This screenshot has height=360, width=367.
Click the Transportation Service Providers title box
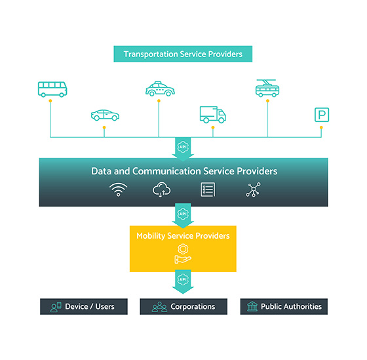coord(183,54)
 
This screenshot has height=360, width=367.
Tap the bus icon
coord(52,89)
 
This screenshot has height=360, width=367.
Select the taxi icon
coord(160,89)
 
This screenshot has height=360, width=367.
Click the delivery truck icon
coord(213,115)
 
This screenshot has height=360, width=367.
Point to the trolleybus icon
coord(267,88)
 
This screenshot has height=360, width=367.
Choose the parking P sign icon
coord(322,115)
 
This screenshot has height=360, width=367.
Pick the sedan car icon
coord(105,115)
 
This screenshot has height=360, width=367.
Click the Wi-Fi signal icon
coord(118,190)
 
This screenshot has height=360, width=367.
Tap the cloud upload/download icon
coord(161,190)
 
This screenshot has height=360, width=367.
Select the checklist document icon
coord(208,190)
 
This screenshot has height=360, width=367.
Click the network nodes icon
coord(253,190)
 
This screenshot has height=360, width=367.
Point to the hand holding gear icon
coord(183,254)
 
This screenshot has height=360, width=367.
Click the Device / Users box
coord(84,306)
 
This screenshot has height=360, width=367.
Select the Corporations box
coord(183,306)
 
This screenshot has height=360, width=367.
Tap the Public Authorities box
coord(284,306)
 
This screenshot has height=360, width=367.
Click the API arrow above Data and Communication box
coord(183,149)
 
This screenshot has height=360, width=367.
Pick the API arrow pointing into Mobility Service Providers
coord(183,216)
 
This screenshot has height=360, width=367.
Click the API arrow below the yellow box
coord(183,282)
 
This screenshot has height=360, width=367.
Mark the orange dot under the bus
coord(50,101)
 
